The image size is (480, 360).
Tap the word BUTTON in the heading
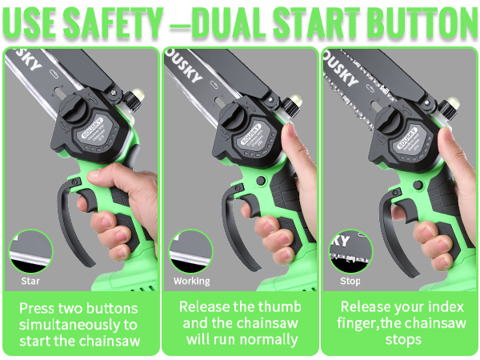[x=414, y=22]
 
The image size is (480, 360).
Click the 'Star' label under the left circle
[x=30, y=282]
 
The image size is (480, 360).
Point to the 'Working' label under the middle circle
[x=192, y=282]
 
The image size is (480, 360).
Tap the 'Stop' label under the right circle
[x=350, y=282]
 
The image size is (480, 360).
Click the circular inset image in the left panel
[x=30, y=251]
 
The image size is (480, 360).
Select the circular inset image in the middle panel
[x=192, y=251]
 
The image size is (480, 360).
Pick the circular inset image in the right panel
[x=350, y=251]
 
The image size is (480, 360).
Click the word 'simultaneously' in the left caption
[x=79, y=326]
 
